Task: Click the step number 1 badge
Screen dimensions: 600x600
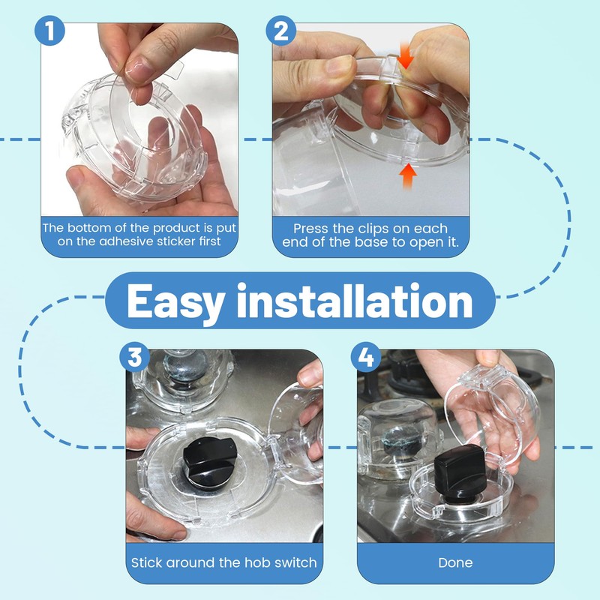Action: pos(49,31)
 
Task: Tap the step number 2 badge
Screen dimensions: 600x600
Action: pos(280,31)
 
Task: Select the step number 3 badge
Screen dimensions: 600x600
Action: pos(134,357)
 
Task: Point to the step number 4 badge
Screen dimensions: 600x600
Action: pos(366,357)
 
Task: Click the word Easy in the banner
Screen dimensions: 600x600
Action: pos(175,302)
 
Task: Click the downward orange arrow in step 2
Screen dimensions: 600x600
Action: pos(405,56)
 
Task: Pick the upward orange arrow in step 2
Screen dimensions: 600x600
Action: pos(408,175)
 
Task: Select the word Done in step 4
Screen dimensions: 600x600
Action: pos(455,562)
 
